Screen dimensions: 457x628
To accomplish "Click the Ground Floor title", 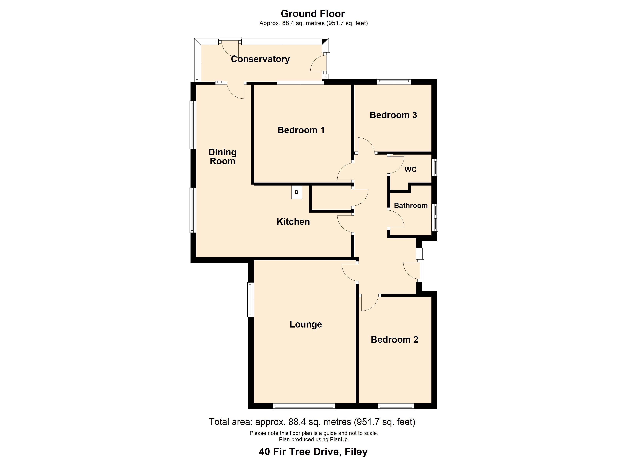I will coord(313,14).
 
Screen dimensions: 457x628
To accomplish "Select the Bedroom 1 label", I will coord(301,130).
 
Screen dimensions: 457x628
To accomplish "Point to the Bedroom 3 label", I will coord(393,115).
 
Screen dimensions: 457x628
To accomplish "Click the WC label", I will coord(410,169).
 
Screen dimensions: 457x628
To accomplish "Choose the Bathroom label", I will coord(411,205).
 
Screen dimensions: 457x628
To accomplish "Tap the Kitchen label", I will coord(293,221).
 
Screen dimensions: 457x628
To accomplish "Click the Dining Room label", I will coord(222,157).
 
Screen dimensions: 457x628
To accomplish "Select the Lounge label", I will coord(305,324).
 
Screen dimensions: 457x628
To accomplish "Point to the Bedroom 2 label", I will coord(394,340).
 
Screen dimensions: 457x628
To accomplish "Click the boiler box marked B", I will coord(296,192).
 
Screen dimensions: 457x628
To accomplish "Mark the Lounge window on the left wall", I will coord(251,299).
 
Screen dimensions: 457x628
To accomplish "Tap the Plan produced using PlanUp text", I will coord(314,439).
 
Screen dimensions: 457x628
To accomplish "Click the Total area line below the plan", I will coord(312,422).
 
